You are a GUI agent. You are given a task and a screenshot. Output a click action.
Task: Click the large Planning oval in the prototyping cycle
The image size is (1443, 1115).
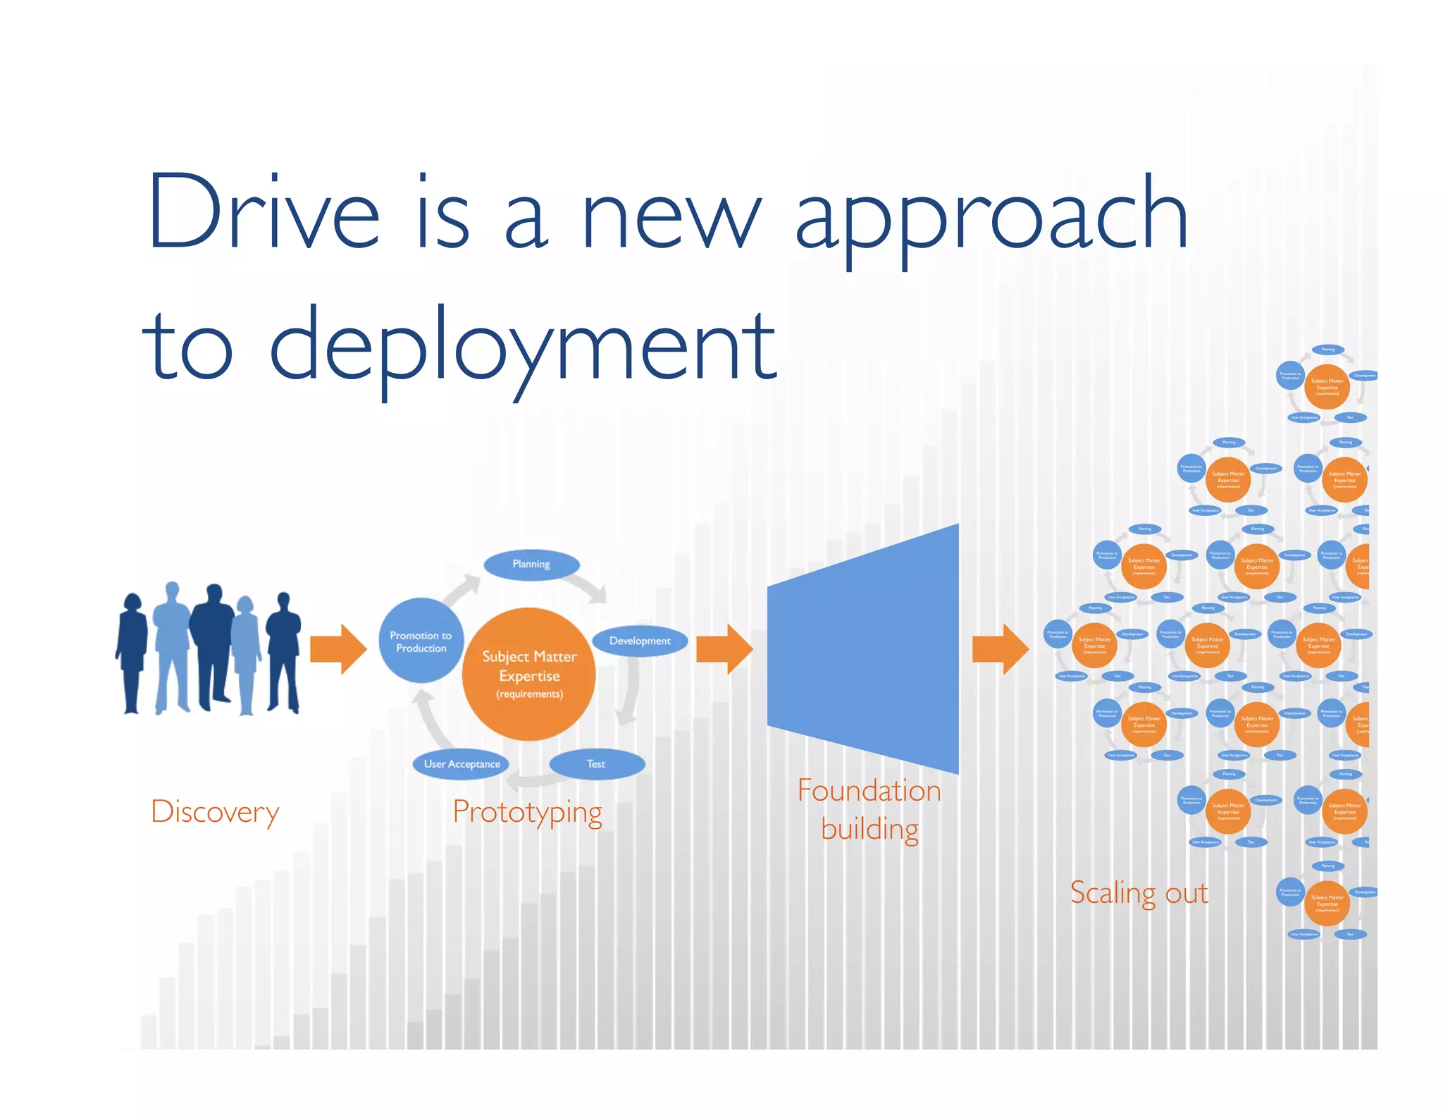click(x=531, y=565)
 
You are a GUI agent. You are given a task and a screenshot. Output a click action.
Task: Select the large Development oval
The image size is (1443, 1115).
click(x=640, y=641)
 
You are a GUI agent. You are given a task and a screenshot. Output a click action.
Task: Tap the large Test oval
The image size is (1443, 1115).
click(x=596, y=764)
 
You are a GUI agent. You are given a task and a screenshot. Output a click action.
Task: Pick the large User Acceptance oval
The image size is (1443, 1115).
click(x=462, y=764)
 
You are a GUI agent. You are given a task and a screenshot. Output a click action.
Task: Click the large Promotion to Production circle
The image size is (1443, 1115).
click(x=421, y=641)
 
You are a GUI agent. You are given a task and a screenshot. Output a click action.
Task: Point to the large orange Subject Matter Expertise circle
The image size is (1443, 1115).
click(x=529, y=674)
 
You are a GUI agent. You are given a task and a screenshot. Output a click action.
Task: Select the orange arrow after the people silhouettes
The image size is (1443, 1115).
click(x=338, y=649)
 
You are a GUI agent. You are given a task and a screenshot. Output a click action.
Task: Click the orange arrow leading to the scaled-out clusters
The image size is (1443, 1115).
click(x=1000, y=649)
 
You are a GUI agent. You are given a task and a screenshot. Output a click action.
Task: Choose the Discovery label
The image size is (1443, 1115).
click(x=215, y=812)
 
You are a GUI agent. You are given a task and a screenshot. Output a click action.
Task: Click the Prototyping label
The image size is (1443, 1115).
click(x=528, y=813)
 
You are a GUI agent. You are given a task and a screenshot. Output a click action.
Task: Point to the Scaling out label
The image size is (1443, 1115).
click(x=1139, y=893)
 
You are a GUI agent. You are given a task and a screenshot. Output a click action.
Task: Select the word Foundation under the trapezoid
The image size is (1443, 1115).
click(x=869, y=791)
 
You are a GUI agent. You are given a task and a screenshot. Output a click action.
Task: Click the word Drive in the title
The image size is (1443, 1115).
click(x=264, y=211)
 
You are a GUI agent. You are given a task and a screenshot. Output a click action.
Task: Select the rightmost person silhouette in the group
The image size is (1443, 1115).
click(x=283, y=652)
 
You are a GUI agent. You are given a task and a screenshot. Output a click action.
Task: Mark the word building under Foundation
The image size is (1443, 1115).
click(x=869, y=830)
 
